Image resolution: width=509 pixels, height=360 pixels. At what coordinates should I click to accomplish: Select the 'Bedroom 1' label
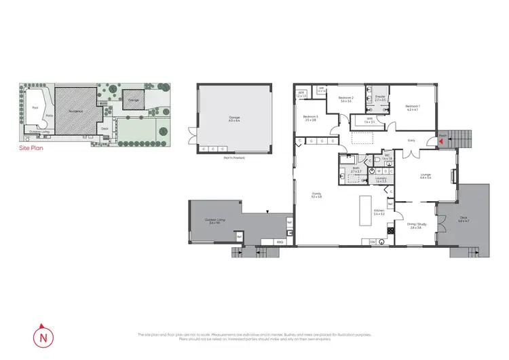click(x=413, y=107)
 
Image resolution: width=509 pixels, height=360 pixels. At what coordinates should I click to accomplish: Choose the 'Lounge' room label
click(x=426, y=176)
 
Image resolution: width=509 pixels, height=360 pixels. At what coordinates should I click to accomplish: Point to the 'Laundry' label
click(x=381, y=181)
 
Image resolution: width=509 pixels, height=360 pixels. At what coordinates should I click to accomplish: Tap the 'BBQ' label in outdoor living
click(x=280, y=242)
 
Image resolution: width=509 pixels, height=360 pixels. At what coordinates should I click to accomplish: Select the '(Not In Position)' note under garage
click(x=233, y=158)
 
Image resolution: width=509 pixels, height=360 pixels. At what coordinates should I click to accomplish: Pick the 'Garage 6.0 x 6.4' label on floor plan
click(x=233, y=120)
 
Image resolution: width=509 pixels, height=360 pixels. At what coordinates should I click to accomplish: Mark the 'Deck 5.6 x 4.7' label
click(x=464, y=219)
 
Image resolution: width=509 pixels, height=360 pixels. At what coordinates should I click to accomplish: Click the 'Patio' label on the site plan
click(x=49, y=116)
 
